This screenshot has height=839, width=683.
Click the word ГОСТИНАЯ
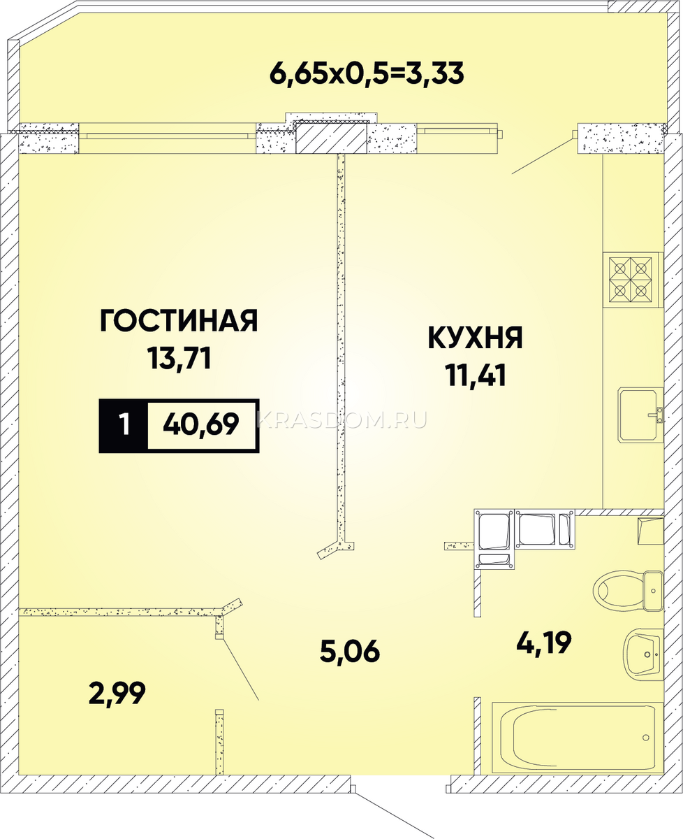pyautogui.click(x=179, y=320)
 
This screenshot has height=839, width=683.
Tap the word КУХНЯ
pyautogui.click(x=476, y=338)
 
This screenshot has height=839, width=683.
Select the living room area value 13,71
pyautogui.click(x=179, y=359)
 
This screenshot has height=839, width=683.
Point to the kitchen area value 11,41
pyautogui.click(x=476, y=375)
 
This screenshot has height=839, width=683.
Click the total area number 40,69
pyautogui.click(x=201, y=424)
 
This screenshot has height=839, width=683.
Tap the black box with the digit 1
pyautogui.click(x=124, y=425)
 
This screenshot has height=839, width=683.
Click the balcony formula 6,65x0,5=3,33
pyautogui.click(x=367, y=73)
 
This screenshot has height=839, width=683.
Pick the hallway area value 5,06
pyautogui.click(x=350, y=651)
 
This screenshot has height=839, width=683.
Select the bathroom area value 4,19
pyautogui.click(x=544, y=643)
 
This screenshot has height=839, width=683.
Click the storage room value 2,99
pyautogui.click(x=117, y=694)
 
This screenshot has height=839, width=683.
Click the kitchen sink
pyautogui.click(x=641, y=415)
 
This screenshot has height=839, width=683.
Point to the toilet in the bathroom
pyautogui.click(x=628, y=591)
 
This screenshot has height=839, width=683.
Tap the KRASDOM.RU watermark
pyautogui.click(x=342, y=421)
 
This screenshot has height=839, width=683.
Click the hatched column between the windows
pyautogui.click(x=331, y=138)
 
